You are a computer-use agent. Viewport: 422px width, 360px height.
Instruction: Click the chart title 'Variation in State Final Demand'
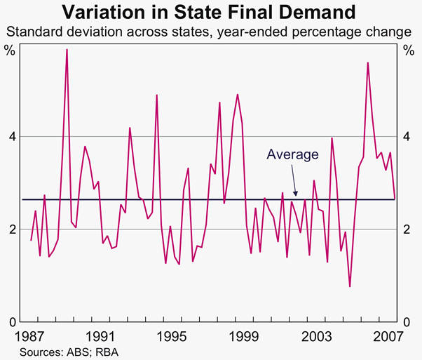[x=212, y=12]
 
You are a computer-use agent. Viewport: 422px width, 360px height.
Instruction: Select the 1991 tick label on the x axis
[x=100, y=335]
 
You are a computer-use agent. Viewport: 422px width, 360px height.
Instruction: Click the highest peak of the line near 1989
[x=67, y=50]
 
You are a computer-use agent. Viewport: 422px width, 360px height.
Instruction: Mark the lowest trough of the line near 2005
[x=350, y=286]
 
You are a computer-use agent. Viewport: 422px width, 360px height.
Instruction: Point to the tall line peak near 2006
[x=367, y=62]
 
